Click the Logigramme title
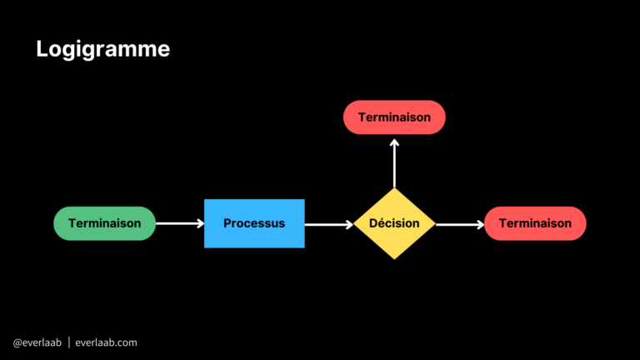pos(102,49)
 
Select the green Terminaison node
pos(105,223)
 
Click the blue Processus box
pos(254,223)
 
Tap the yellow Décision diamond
pos(394,223)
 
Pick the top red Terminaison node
pos(394,117)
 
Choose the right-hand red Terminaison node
pos(535,223)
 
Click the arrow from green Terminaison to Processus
pos(179,223)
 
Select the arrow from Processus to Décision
pos(328,223)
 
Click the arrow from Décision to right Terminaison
pos(459,223)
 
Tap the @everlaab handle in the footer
pos(37,342)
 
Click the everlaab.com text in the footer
pos(106,342)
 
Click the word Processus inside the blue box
pos(254,223)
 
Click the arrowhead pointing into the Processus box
pos(199,223)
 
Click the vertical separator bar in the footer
pos(68,342)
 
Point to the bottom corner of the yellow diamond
pos(394,257)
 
